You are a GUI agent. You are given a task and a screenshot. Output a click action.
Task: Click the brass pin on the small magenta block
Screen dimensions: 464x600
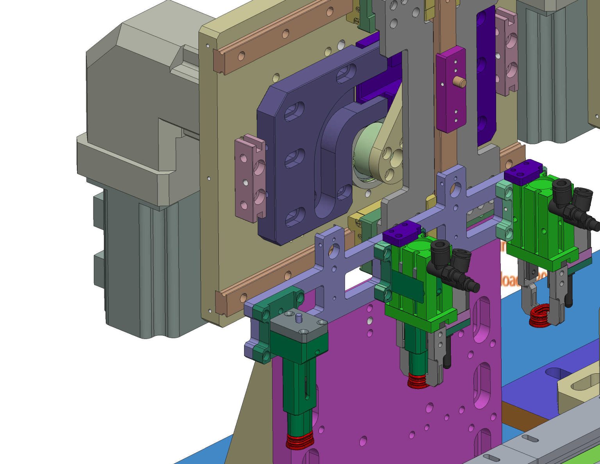[460, 82]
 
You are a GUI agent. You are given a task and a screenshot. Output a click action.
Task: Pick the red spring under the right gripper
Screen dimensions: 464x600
[539, 316]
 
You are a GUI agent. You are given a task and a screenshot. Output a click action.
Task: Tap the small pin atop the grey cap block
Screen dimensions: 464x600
[299, 318]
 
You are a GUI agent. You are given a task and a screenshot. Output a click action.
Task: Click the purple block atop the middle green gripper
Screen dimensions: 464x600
[401, 233]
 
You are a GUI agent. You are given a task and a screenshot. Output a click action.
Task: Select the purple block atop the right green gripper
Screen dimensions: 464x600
[523, 172]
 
